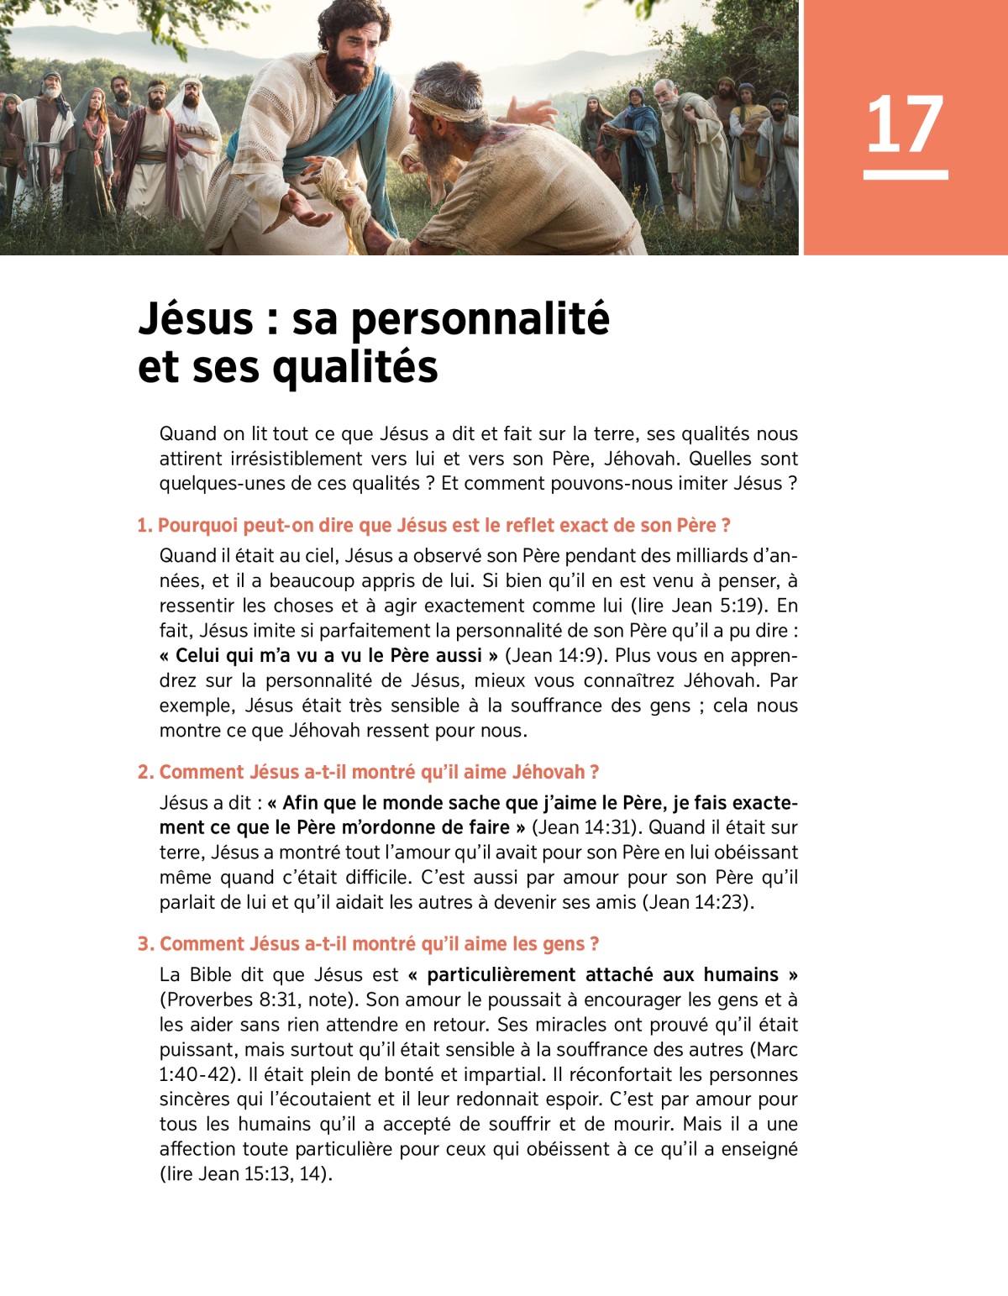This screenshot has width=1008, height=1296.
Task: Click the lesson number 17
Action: (905, 125)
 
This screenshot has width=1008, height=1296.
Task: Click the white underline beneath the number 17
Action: (906, 175)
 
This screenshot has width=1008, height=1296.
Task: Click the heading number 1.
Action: (144, 526)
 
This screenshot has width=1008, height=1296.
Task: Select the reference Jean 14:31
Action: (583, 827)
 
